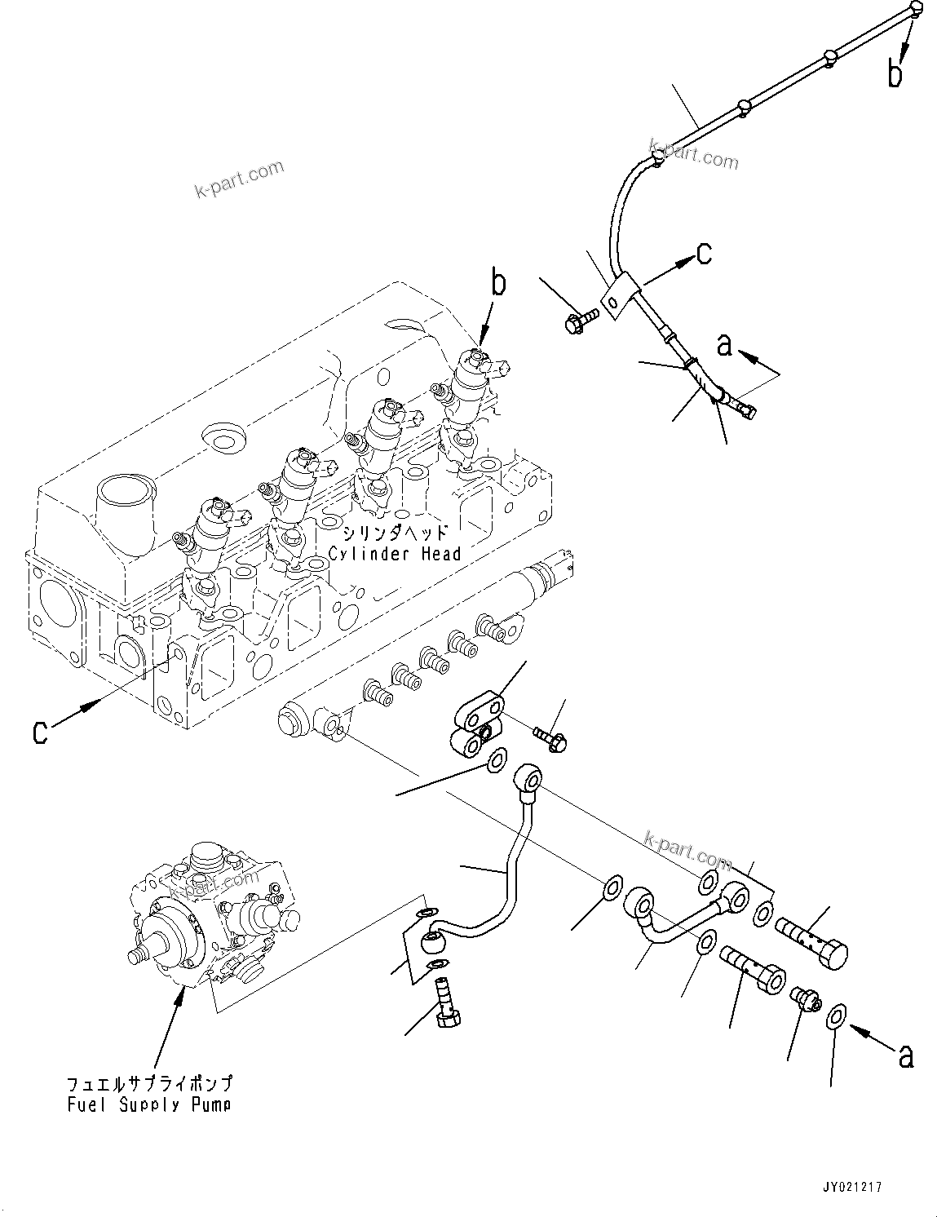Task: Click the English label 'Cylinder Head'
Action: pyautogui.click(x=395, y=554)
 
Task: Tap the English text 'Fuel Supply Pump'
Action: pyautogui.click(x=148, y=1104)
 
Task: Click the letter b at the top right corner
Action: pyautogui.click(x=895, y=74)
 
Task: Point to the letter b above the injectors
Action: pyautogui.click(x=497, y=284)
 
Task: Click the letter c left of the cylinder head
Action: pyautogui.click(x=40, y=731)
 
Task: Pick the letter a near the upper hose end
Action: pyautogui.click(x=724, y=346)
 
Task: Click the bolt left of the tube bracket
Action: pyautogui.click(x=580, y=319)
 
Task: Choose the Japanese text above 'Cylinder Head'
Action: pyautogui.click(x=395, y=533)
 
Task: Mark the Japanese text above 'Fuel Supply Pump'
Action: pyautogui.click(x=148, y=1084)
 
